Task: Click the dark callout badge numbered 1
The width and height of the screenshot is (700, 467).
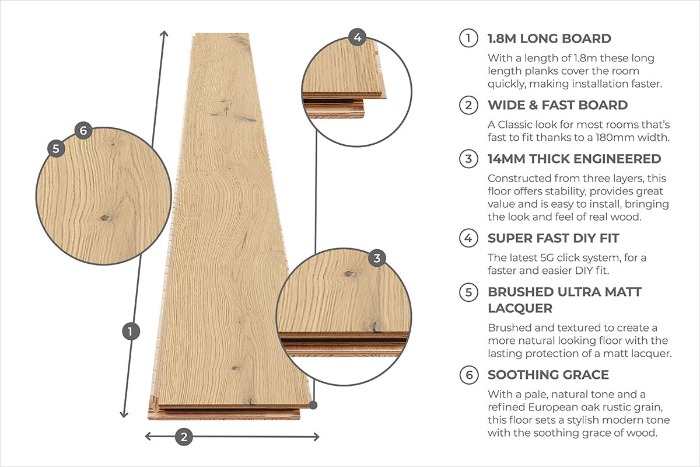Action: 131,331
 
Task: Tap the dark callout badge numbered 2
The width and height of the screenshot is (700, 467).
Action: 184,437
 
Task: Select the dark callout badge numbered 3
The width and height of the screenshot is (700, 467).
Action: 377,258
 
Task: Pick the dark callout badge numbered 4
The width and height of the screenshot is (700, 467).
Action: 357,37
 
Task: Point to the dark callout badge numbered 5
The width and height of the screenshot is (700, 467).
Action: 56,149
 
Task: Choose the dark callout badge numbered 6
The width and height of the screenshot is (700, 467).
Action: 83,130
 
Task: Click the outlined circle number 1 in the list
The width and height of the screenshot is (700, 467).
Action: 468,38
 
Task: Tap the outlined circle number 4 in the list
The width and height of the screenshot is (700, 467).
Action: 468,238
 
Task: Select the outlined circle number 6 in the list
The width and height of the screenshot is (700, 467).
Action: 469,375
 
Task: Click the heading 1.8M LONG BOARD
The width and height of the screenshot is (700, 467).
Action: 549,39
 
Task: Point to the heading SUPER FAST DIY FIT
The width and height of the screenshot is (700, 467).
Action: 554,238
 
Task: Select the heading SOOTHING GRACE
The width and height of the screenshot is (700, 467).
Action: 548,375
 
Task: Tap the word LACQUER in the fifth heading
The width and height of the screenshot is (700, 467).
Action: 520,308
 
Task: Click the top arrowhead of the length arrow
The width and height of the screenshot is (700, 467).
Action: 164,33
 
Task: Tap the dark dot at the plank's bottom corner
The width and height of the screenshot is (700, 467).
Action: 313,405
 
